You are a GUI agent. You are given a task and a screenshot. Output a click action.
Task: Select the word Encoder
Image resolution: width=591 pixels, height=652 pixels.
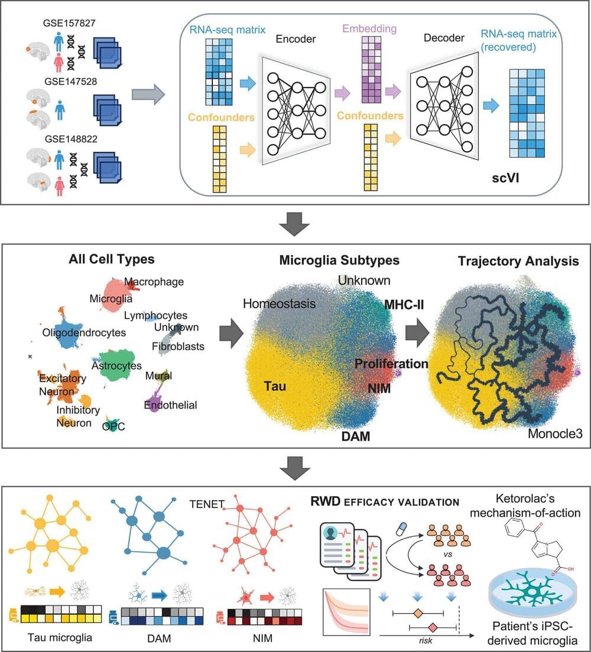(x=295, y=40)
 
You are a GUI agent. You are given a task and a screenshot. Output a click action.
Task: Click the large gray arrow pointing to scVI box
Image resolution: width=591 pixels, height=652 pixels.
(x=147, y=94)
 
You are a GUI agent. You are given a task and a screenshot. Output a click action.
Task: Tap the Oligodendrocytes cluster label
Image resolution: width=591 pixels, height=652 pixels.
(x=84, y=332)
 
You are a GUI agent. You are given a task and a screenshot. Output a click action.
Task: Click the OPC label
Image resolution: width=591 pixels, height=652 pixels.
(x=113, y=426)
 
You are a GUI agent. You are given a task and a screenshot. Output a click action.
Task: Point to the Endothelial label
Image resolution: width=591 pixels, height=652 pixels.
(x=170, y=405)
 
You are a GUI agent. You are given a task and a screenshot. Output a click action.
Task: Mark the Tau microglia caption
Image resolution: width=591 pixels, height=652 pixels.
(x=54, y=636)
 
